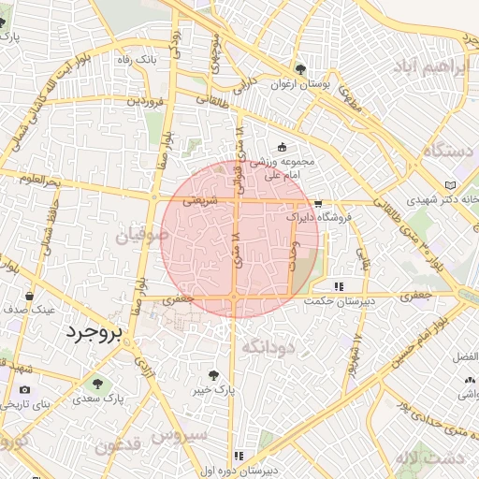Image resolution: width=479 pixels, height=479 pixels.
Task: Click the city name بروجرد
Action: pos(97,335)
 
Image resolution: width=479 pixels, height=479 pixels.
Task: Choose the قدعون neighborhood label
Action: pos(118,444)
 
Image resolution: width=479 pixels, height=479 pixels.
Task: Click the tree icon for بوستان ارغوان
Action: pos(300,69)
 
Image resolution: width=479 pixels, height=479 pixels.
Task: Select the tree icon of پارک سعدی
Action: pos(96,384)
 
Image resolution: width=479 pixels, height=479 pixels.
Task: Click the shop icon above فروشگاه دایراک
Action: pos(318,203)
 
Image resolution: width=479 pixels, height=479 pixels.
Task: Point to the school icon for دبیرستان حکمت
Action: pos(338,286)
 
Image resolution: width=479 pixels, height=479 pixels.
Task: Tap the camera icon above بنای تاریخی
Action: pos(23,389)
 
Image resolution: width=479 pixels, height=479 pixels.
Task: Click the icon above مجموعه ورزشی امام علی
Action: pos(283,146)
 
